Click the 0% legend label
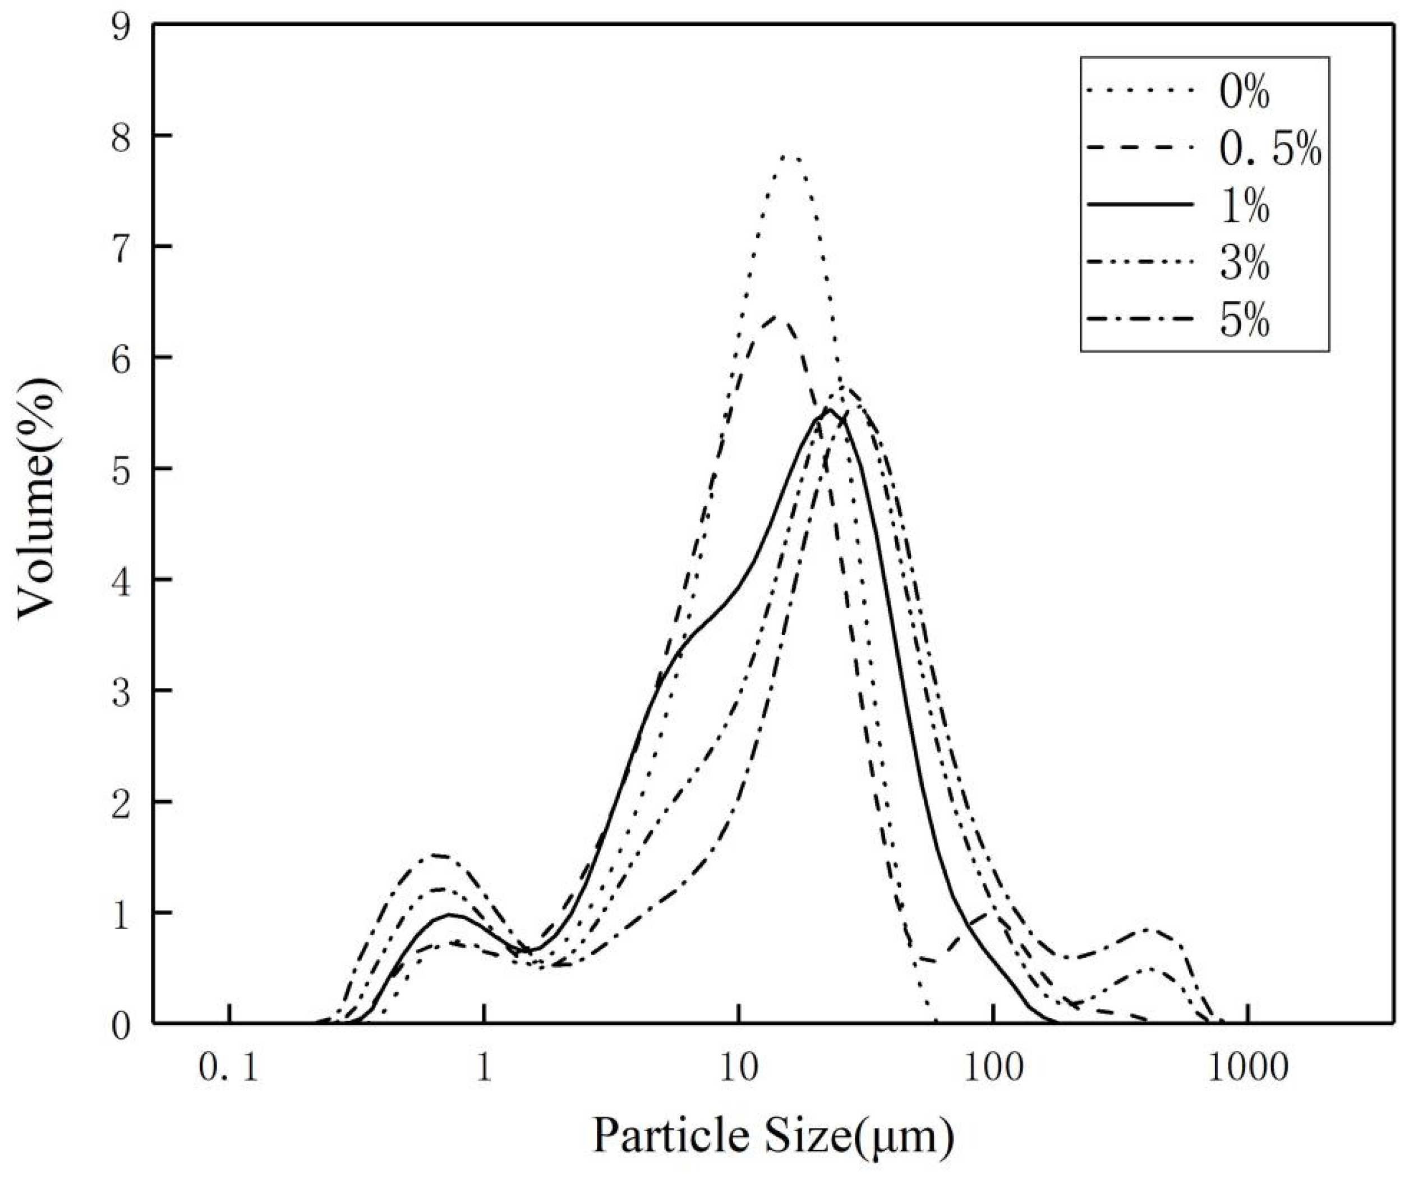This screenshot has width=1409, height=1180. [1244, 94]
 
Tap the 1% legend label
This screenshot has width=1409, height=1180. [1244, 209]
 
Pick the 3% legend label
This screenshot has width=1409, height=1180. [1244, 265]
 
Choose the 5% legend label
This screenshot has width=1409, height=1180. [1244, 322]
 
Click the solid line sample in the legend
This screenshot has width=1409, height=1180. [1141, 203]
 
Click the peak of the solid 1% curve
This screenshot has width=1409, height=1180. [828, 410]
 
